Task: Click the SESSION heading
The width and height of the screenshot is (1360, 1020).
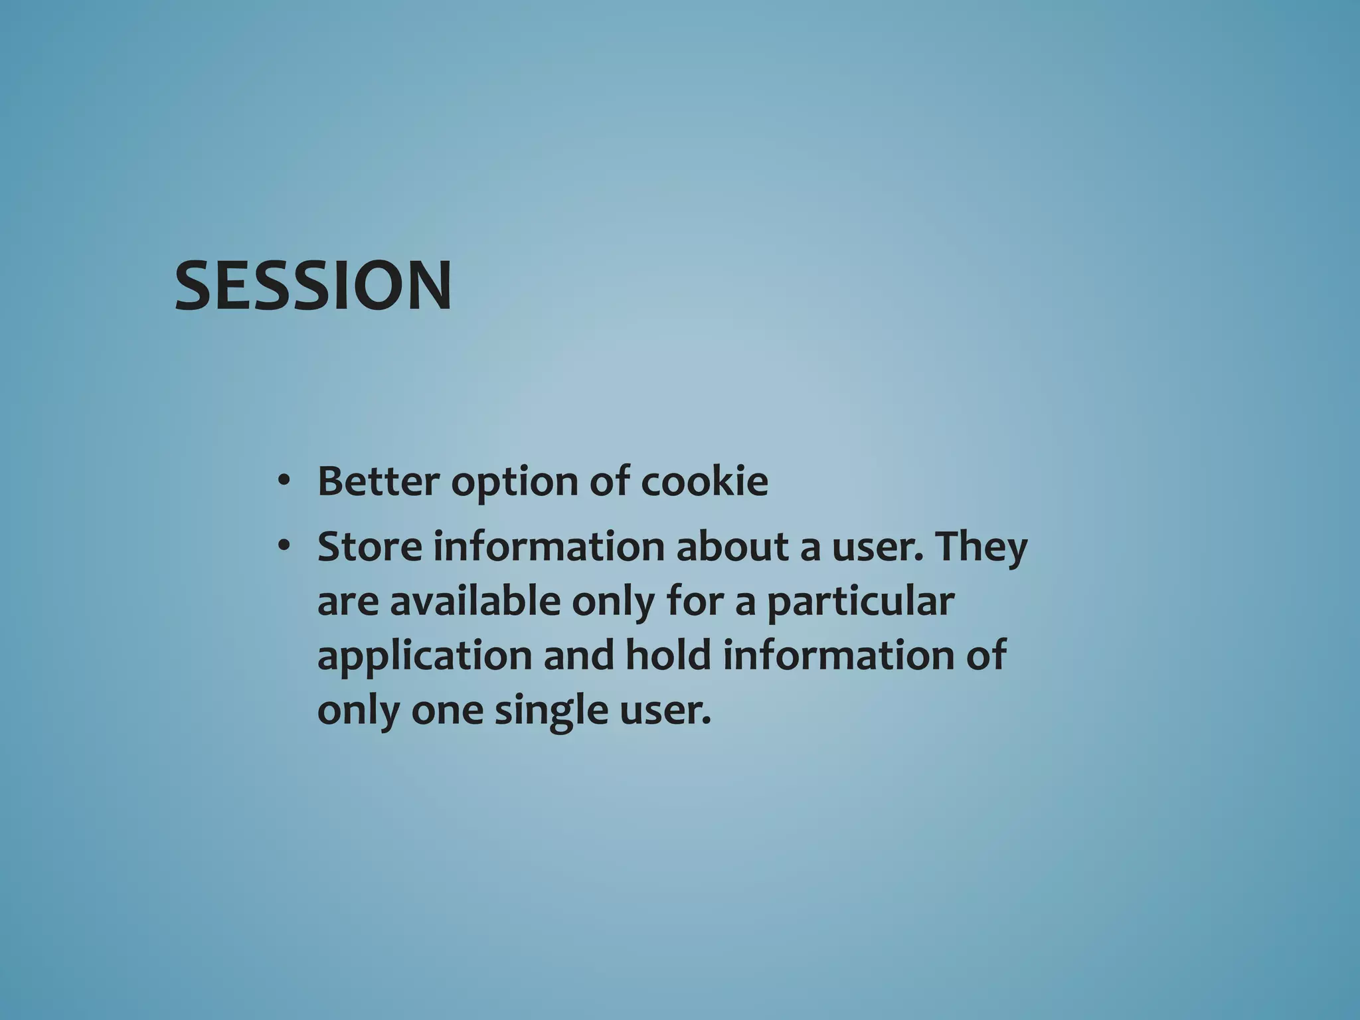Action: pos(313,286)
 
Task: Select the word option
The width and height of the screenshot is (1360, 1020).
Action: pos(513,483)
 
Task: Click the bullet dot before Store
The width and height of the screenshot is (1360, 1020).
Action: pos(284,547)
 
